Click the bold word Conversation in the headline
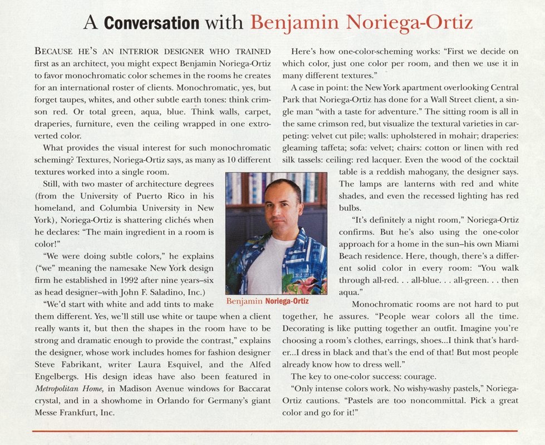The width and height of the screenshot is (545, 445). point(151,23)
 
